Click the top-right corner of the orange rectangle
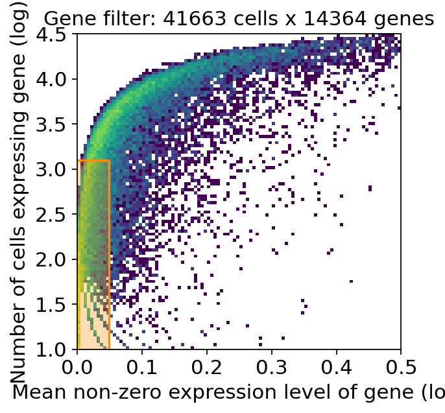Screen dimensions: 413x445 click(x=109, y=160)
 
